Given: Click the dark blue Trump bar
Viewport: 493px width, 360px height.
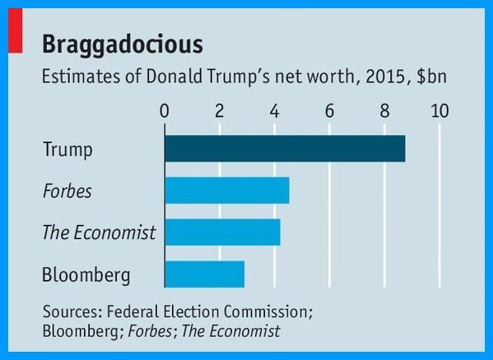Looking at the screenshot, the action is (285, 148).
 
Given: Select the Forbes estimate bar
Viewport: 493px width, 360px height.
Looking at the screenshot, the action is (227, 190).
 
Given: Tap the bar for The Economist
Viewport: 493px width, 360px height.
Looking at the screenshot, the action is (222, 232).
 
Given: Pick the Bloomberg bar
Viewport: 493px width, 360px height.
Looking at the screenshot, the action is (204, 274).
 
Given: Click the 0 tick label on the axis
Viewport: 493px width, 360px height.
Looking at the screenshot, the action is (165, 111).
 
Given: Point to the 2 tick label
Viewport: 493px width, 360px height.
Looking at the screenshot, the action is (220, 111).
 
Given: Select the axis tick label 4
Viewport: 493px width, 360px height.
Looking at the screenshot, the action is (274, 111).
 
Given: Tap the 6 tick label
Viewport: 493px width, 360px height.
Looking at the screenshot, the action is (329, 111).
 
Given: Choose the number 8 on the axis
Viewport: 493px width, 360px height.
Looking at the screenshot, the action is (384, 111).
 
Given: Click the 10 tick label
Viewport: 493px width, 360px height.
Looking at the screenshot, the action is (440, 111).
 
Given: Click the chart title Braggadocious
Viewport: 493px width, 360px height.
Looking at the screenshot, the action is (123, 45).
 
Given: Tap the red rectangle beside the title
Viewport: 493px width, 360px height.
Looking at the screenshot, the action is (16, 30).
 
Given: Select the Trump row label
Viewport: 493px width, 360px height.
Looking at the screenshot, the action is (67, 150).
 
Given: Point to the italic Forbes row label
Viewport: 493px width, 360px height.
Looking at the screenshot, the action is (67, 190).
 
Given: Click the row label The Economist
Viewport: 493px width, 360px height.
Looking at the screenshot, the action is (99, 232).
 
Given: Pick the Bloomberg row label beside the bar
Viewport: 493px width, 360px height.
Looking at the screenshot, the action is (86, 275).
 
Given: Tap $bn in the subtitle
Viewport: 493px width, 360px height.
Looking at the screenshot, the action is (431, 77).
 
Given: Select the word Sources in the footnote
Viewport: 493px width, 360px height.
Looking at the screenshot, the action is (72, 311).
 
